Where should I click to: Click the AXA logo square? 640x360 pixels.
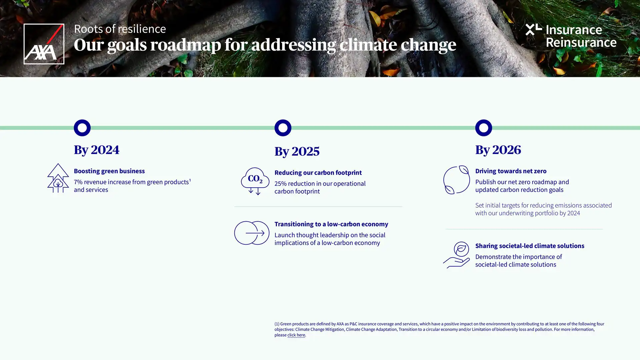click(x=44, y=44)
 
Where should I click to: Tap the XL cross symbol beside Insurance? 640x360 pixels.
click(x=533, y=29)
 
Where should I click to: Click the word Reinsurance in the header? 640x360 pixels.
click(x=581, y=42)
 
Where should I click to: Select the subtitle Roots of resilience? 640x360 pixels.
click(x=120, y=29)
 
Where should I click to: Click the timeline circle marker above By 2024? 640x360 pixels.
click(x=82, y=128)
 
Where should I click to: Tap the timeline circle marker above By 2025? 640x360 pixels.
click(x=283, y=128)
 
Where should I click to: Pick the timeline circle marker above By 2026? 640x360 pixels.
click(x=483, y=128)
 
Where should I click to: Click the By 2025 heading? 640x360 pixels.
click(x=297, y=151)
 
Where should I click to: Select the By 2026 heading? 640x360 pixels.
click(x=498, y=150)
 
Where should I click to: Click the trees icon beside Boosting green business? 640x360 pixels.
click(x=58, y=178)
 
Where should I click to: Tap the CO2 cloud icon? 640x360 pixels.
click(x=255, y=181)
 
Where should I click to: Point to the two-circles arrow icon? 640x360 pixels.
click(x=252, y=233)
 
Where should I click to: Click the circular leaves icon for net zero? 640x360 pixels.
click(x=456, y=180)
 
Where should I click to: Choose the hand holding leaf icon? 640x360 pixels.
click(x=456, y=255)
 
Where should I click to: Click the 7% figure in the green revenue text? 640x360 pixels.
click(x=78, y=182)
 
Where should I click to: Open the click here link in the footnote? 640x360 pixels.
click(x=296, y=335)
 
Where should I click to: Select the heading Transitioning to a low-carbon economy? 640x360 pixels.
click(x=331, y=224)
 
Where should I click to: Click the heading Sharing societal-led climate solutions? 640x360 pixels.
click(x=529, y=246)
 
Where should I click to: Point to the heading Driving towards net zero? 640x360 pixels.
click(x=510, y=171)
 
